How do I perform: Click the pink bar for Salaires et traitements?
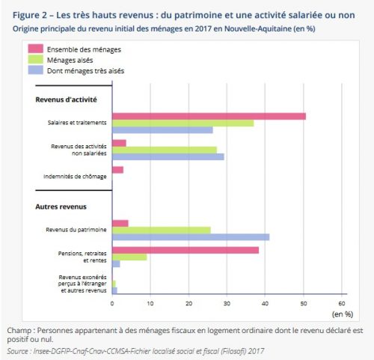click(x=209, y=116)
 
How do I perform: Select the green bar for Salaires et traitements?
click(x=183, y=123)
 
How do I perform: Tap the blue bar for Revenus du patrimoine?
click(x=191, y=237)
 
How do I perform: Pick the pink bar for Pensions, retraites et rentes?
click(x=186, y=250)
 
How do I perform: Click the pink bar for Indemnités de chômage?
click(x=117, y=170)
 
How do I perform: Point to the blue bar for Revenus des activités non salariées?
click(x=168, y=156)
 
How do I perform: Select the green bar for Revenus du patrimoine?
click(x=162, y=231)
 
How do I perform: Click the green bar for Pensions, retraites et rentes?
click(x=129, y=257)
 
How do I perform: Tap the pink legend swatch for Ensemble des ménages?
click(x=35, y=49)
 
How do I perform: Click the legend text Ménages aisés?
click(x=70, y=60)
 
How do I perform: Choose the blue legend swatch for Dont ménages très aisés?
click(x=35, y=70)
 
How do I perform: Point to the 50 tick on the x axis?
click(x=304, y=303)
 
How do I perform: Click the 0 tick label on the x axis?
click(x=112, y=303)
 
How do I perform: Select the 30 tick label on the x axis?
click(x=227, y=303)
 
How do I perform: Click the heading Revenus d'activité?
click(x=66, y=100)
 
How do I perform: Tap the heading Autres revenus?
click(x=61, y=207)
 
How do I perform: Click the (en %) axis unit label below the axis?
click(x=343, y=314)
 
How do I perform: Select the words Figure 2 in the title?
click(x=30, y=15)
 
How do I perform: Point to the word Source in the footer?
click(x=17, y=351)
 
